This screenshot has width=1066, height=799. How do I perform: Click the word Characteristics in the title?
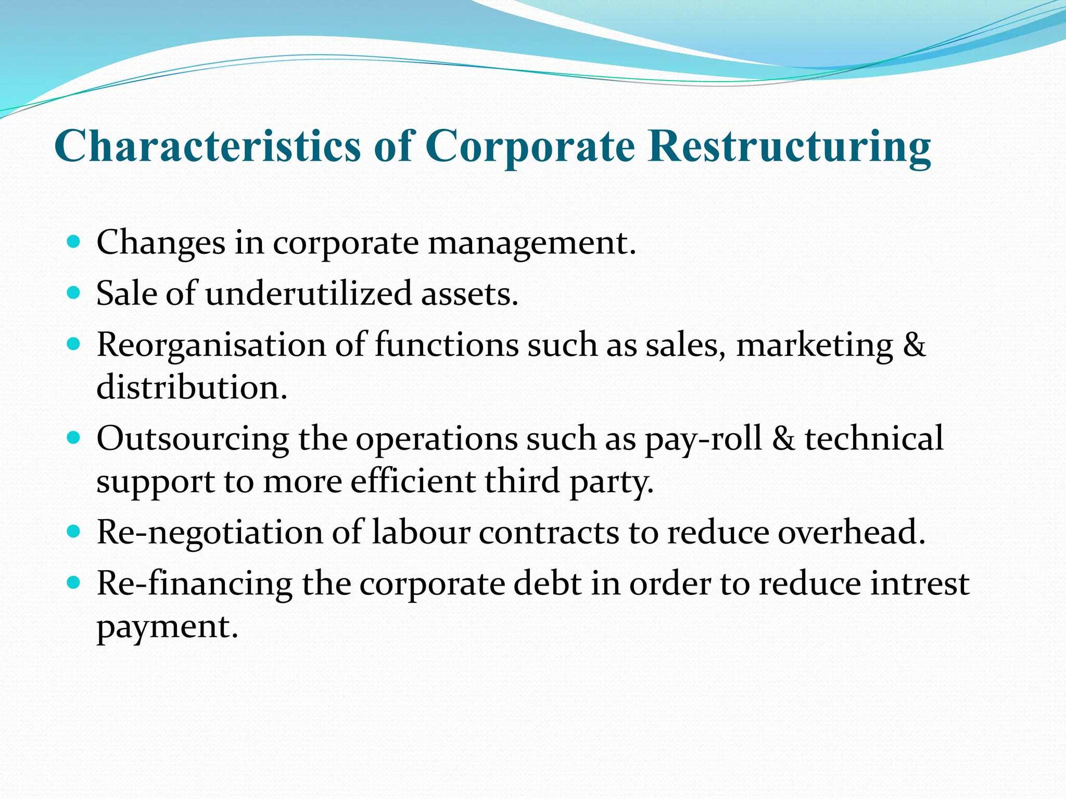[207, 146]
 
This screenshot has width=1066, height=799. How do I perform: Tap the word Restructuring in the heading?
[789, 146]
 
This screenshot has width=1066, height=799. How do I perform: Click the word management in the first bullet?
[531, 243]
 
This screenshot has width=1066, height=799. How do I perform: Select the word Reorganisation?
[211, 345]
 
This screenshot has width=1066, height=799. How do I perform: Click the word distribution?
[192, 387]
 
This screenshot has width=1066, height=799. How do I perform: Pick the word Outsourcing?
[193, 438]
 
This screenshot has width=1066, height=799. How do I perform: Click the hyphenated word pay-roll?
[703, 439]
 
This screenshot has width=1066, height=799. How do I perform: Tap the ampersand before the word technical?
[783, 438]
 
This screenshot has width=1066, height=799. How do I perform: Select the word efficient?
[413, 481]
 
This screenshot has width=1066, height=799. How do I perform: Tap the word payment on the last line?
[167, 627]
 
